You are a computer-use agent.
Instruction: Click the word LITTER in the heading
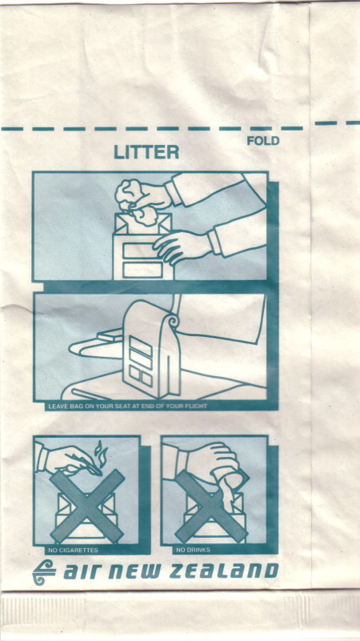point(146,152)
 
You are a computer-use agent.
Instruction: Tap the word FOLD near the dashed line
point(263,141)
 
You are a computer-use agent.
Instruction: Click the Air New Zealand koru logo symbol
point(44,572)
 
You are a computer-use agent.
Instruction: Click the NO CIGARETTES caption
point(73,551)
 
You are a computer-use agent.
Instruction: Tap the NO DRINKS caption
point(194,551)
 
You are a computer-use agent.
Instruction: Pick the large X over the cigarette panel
point(87,506)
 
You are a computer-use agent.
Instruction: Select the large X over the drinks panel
point(211,506)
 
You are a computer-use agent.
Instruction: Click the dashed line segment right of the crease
point(337,122)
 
